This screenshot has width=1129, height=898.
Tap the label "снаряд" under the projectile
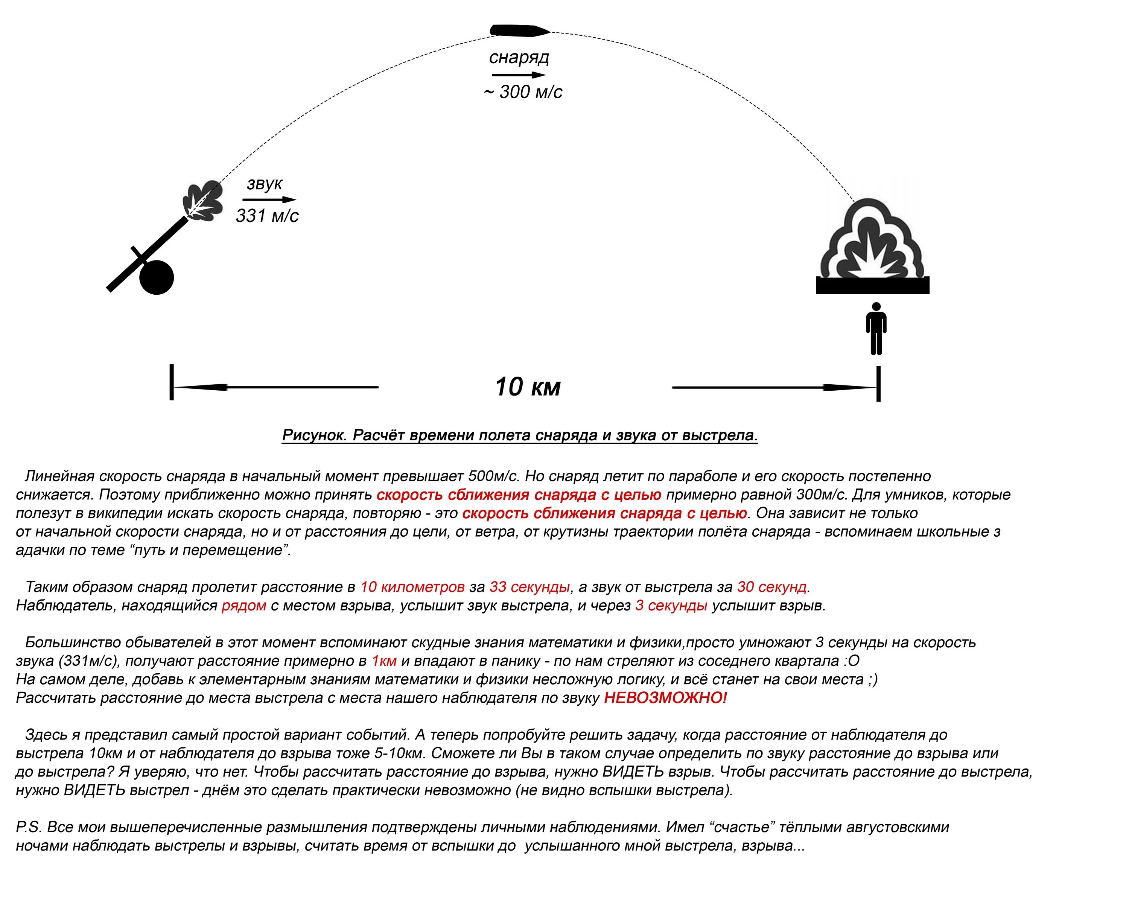pyautogui.click(x=519, y=57)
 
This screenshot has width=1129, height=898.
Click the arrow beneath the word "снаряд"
pyautogui.click(x=519, y=75)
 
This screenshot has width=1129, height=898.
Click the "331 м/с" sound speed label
pyautogui.click(x=267, y=215)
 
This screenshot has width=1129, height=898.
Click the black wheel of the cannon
pyautogui.click(x=157, y=277)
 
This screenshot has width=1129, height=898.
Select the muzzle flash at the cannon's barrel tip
pyautogui.click(x=202, y=202)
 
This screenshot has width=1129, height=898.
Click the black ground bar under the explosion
pyautogui.click(x=872, y=285)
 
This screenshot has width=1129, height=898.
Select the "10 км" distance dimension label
pyautogui.click(x=528, y=387)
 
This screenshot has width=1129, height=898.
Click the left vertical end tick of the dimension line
pyautogui.click(x=172, y=383)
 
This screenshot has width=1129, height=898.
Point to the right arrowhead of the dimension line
pyautogui.click(x=848, y=388)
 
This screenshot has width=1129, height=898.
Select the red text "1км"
pyautogui.click(x=384, y=661)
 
